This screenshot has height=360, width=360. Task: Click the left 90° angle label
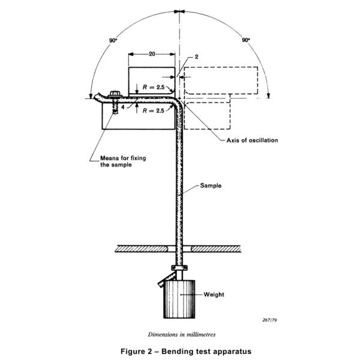[113, 41]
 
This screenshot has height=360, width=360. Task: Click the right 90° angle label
[246, 40]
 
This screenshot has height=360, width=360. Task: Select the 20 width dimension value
[152, 54]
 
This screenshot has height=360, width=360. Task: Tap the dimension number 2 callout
[197, 57]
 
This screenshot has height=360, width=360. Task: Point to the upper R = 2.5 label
[154, 87]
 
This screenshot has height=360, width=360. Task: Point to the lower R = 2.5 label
[154, 110]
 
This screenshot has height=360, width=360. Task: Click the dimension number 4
[123, 107]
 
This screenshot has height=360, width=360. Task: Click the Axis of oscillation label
[252, 140]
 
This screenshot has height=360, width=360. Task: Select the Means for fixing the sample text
[123, 161]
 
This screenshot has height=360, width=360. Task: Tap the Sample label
[211, 185]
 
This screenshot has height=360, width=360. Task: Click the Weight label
[214, 295]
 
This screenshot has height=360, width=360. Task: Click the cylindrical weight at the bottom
[179, 299]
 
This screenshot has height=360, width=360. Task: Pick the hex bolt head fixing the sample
[115, 94]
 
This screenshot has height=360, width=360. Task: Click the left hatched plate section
[142, 248]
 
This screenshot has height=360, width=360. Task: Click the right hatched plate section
[216, 248]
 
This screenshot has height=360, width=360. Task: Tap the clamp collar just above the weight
[179, 268]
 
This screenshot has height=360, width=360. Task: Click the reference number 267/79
[269, 320]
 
